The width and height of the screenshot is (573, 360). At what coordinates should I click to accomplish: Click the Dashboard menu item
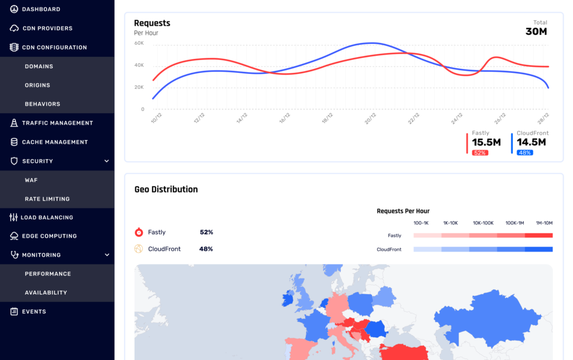pyautogui.click(x=41, y=9)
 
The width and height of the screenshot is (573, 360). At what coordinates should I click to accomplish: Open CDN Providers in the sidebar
pyautogui.click(x=47, y=28)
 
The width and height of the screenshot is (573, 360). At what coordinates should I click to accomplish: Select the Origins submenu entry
pyautogui.click(x=38, y=85)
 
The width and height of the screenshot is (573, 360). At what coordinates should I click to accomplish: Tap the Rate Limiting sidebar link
pyautogui.click(x=47, y=199)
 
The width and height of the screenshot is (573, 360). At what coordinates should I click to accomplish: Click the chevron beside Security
pyautogui.click(x=106, y=161)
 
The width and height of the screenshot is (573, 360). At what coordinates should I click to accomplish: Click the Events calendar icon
pyautogui.click(x=14, y=312)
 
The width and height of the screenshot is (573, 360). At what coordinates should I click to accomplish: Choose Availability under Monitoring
pyautogui.click(x=46, y=293)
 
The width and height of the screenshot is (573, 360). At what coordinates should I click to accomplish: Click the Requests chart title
pyautogui.click(x=152, y=23)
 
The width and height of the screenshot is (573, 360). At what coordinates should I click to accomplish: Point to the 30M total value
pyautogui.click(x=536, y=32)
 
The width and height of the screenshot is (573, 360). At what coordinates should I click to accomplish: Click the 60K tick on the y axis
pyautogui.click(x=139, y=43)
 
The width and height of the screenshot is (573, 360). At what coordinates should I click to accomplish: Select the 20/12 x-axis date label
pyautogui.click(x=370, y=119)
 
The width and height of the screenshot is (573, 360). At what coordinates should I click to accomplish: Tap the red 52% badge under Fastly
pyautogui.click(x=480, y=153)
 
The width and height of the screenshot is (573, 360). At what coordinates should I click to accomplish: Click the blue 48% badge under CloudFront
pyautogui.click(x=524, y=153)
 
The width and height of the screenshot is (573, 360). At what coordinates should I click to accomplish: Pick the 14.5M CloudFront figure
pyautogui.click(x=531, y=143)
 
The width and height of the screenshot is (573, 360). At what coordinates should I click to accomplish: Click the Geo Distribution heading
pyautogui.click(x=166, y=189)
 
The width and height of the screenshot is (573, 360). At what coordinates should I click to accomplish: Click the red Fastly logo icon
pyautogui.click(x=138, y=232)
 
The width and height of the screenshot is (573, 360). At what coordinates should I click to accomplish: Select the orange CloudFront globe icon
pyautogui.click(x=138, y=249)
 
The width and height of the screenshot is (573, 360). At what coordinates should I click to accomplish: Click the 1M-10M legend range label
pyautogui.click(x=543, y=223)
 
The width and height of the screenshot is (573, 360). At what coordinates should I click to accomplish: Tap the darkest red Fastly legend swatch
pyautogui.click(x=538, y=236)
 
